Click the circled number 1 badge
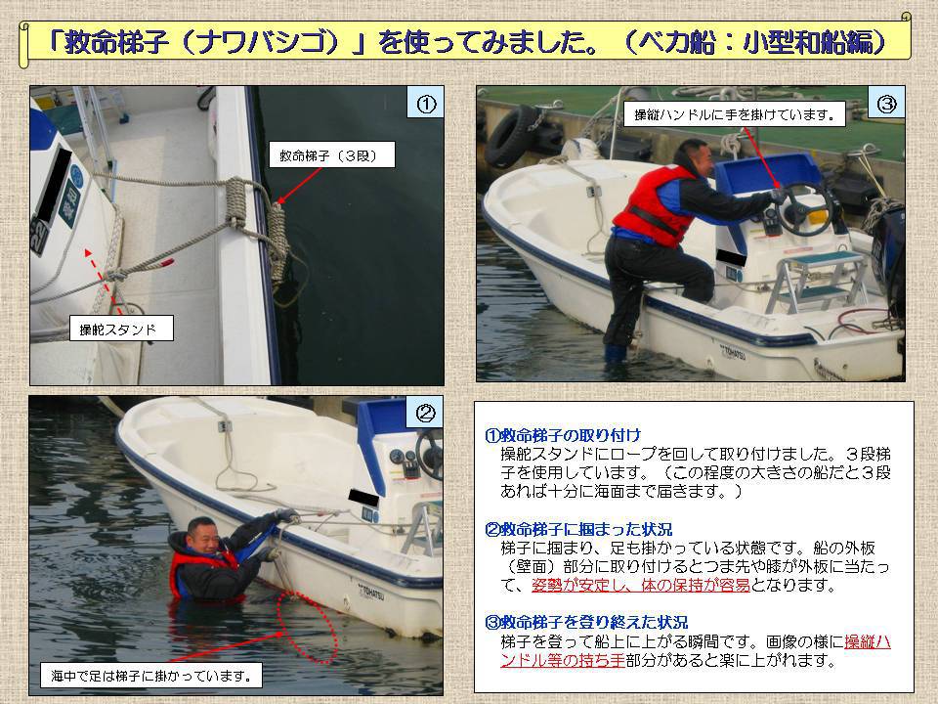coord(426,105)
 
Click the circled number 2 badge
coord(425,413)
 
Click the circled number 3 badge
coord(887,105)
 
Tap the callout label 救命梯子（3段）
coord(328,155)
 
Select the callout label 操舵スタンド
coord(121,329)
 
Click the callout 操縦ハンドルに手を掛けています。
coord(735,113)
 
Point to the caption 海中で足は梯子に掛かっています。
coord(151,676)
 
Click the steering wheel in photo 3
coord(803,207)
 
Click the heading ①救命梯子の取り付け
coord(563,435)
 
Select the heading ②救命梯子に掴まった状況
coord(578,529)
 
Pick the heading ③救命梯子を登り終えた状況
coord(586,623)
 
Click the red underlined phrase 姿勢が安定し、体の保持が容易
coord(641,585)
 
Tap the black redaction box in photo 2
coord(363,497)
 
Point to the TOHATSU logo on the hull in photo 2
coord(371,592)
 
